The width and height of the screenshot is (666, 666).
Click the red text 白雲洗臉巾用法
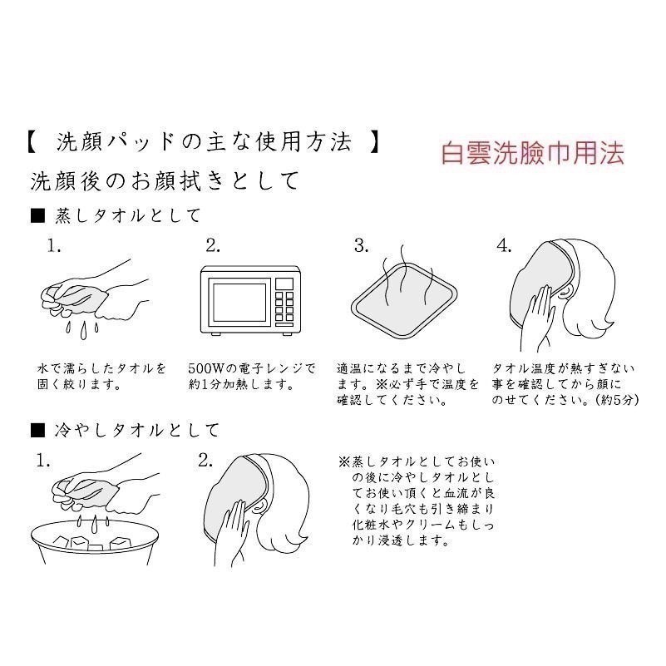[x=533, y=153]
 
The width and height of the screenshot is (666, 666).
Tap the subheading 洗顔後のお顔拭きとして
[x=163, y=180]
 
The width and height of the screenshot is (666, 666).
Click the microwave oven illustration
[x=249, y=300]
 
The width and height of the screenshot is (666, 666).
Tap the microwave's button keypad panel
[x=284, y=301]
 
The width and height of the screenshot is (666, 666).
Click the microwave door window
[x=236, y=301]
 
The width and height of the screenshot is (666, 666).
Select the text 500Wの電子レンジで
[x=252, y=368]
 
